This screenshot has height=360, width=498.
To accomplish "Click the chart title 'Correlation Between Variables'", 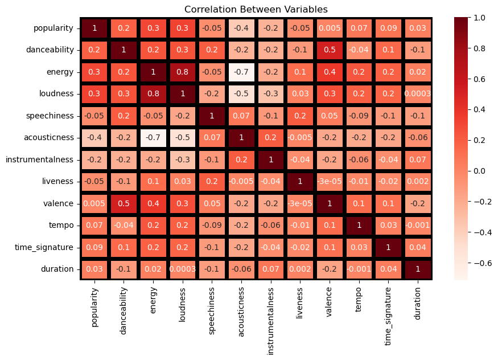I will tap(256, 9).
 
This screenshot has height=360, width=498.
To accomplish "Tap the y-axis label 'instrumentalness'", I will tap(39, 159).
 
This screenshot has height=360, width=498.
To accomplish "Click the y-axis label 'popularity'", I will tap(53, 28).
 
